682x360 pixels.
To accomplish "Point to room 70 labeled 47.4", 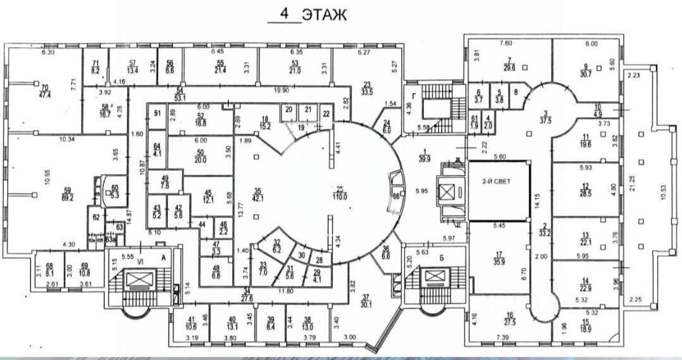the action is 45,91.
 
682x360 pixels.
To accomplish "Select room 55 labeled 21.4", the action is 220,66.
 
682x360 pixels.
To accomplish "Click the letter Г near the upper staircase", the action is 414,96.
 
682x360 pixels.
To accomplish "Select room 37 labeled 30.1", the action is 365,302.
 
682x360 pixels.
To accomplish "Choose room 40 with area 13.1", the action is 232,323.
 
